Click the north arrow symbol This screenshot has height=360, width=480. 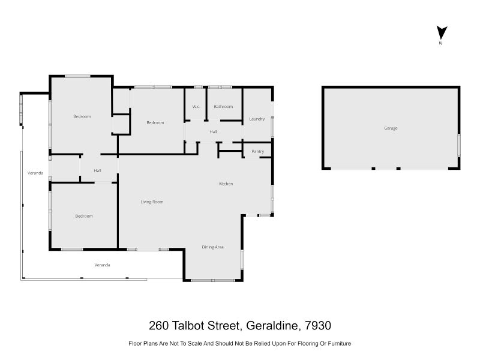tap(441, 32)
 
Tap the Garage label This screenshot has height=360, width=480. tap(391, 128)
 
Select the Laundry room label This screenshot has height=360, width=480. tap(257, 119)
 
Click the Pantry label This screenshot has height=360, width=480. tap(258, 151)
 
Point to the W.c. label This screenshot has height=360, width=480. tap(196, 107)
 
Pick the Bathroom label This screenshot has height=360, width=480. tap(223, 107)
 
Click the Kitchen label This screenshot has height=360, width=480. tap(226, 184)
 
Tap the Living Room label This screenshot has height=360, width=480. tap(152, 202)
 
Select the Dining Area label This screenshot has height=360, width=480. tap(212, 247)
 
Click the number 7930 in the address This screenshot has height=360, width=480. tap(318, 326)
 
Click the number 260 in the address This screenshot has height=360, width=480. tap(159, 326)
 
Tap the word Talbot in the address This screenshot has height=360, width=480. tap(187, 326)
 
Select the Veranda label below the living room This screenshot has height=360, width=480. tap(103, 265)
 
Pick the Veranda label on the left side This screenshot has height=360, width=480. tap(35, 173)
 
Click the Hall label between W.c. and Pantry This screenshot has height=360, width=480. tap(213, 131)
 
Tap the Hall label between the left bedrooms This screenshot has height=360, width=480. tap(97, 171)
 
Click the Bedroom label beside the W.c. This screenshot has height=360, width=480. tap(155, 122)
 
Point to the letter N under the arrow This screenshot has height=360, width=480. tap(441, 43)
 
